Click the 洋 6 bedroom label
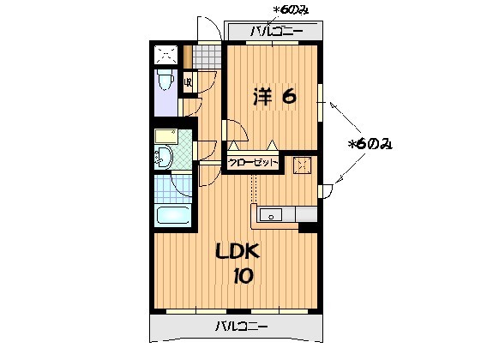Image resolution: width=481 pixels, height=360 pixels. pyautogui.click(x=274, y=96)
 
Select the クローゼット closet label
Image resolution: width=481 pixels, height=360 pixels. pyautogui.click(x=254, y=161)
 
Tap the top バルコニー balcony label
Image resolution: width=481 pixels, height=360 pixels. pyautogui.click(x=276, y=32)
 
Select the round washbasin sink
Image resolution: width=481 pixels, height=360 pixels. pyautogui.click(x=163, y=156)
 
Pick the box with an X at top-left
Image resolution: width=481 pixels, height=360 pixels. pyautogui.click(x=165, y=55)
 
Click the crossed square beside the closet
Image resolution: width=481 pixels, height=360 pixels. pyautogui.click(x=300, y=165)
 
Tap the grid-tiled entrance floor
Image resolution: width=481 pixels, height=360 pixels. pyautogui.click(x=207, y=55)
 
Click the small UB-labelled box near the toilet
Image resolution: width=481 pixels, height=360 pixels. pyautogui.click(x=188, y=84)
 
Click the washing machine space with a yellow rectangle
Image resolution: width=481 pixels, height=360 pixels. pyautogui.click(x=167, y=136)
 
